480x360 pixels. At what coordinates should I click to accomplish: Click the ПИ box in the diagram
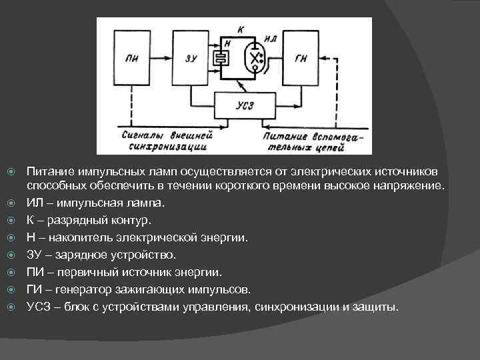coord(131,58)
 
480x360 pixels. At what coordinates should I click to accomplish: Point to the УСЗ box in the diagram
coord(245,105)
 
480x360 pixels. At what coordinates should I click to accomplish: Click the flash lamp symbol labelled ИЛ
coord(254,59)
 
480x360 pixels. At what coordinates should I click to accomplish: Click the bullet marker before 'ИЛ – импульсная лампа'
coord(11,202)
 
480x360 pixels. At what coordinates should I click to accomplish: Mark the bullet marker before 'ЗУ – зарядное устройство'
coord(11,254)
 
